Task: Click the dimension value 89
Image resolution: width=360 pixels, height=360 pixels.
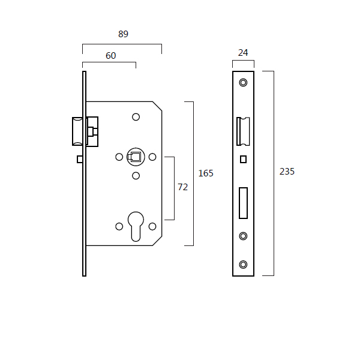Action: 123,34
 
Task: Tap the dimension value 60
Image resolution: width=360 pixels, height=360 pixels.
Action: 110,56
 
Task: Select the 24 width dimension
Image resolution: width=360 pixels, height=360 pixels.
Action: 243,53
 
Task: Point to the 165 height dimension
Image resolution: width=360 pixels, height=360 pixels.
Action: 206,173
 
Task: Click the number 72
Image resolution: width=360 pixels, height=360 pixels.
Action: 183,187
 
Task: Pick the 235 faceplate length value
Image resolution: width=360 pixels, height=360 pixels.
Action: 287,172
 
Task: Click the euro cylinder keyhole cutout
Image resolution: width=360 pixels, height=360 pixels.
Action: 136,226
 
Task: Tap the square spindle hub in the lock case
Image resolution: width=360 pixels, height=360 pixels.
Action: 136,157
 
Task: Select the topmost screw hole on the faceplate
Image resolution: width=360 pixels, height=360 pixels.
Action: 243,82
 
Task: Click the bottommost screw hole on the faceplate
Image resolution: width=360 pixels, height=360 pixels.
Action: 243,265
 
